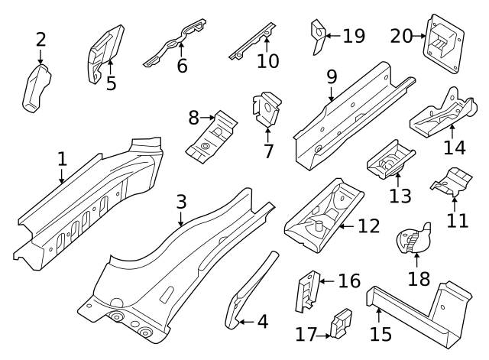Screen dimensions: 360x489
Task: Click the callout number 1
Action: (62, 159)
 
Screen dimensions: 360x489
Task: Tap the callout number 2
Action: (40, 40)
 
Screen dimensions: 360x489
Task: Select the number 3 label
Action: (181, 202)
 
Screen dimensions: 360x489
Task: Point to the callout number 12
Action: (368, 226)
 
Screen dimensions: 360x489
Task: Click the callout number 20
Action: (402, 35)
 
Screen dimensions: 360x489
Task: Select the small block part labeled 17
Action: (340, 324)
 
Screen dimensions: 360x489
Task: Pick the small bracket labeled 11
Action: (452, 182)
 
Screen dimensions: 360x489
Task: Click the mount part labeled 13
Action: (392, 161)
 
